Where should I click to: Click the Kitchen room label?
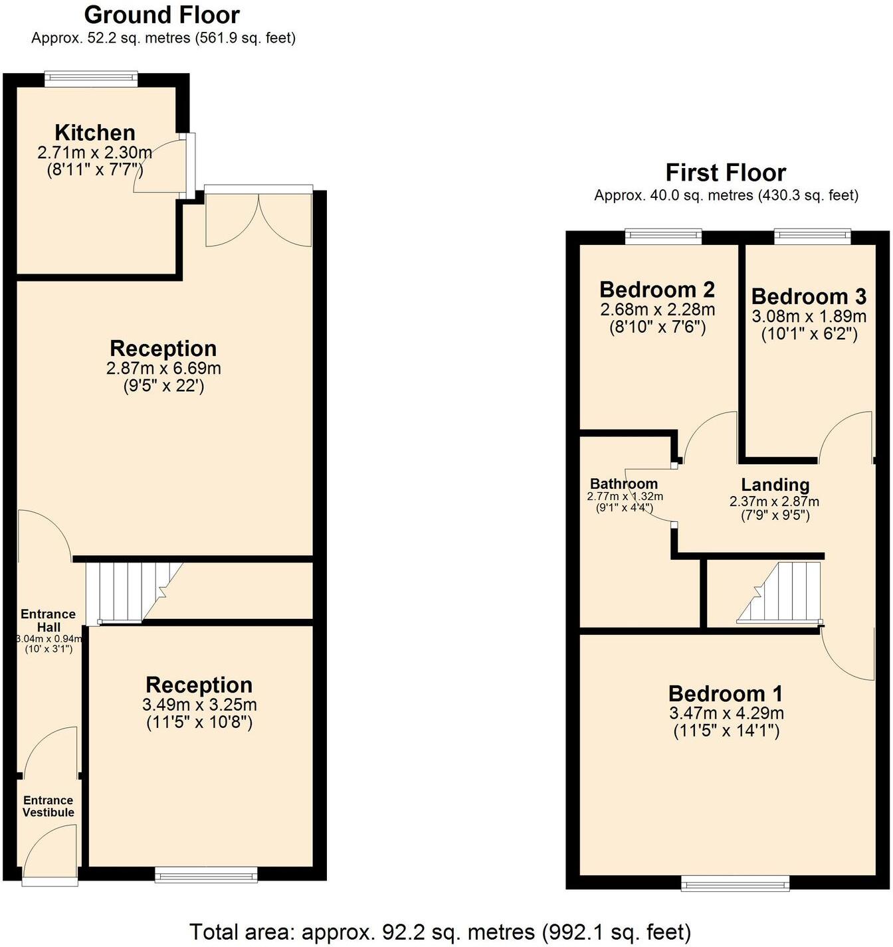(x=95, y=132)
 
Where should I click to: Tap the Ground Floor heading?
(x=161, y=15)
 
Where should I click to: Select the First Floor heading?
(x=726, y=173)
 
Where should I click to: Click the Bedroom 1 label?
(x=726, y=693)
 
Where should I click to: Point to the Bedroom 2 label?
(x=657, y=290)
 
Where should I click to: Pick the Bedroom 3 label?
(x=809, y=296)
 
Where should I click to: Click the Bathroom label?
(x=624, y=483)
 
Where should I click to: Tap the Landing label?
(x=775, y=485)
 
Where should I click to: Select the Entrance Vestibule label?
(x=49, y=806)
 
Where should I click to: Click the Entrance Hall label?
(x=48, y=620)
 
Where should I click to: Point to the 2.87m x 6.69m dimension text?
(x=163, y=368)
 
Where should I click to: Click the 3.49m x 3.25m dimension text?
(x=199, y=705)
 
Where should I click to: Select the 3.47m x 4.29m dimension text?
(x=726, y=713)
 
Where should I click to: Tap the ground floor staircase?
(x=133, y=591)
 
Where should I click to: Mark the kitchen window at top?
(x=91, y=79)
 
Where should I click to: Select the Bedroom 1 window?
(x=735, y=883)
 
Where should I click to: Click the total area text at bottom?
(x=440, y=932)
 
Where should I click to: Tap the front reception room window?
(x=206, y=875)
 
